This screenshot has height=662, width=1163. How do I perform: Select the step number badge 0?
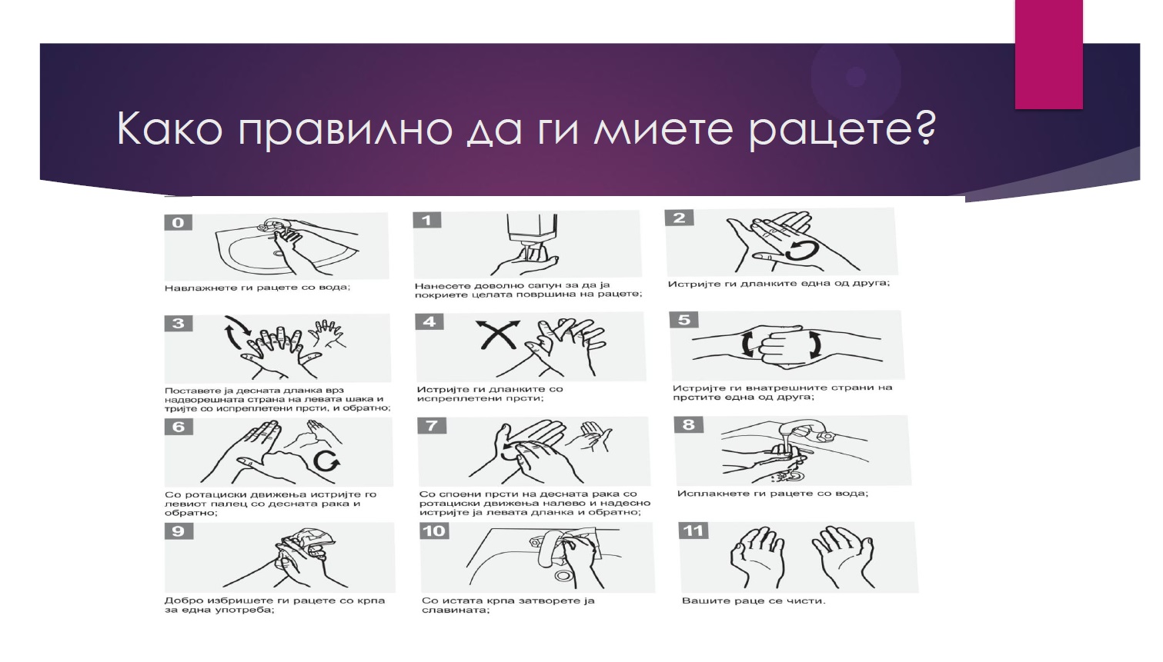[178, 222]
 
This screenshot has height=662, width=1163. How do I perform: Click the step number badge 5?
[683, 319]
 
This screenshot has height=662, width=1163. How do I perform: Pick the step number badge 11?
[693, 531]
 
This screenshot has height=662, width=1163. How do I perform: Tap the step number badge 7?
[432, 425]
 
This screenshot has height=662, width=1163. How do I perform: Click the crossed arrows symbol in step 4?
[498, 334]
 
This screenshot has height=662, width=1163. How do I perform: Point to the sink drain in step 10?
[563, 575]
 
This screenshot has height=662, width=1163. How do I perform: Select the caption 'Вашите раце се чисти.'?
[754, 600]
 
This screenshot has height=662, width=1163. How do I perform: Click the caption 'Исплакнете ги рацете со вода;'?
[773, 493]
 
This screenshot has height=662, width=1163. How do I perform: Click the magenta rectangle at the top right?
[1049, 55]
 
